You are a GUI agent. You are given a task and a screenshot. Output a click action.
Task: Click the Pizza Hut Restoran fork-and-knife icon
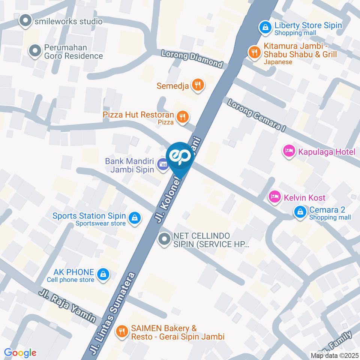(x=183, y=116)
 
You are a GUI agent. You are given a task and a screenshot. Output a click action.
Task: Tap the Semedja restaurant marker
(x=198, y=85)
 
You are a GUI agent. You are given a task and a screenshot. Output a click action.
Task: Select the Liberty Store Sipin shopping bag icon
(x=265, y=27)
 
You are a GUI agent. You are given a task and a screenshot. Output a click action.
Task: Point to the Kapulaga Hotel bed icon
(x=288, y=151)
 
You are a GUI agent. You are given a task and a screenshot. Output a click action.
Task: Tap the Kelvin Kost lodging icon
(x=275, y=196)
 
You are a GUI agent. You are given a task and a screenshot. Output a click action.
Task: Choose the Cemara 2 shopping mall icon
(x=300, y=212)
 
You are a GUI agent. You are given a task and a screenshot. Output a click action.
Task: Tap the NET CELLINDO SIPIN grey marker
(x=164, y=239)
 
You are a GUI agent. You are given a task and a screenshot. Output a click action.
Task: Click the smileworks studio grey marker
(x=25, y=21)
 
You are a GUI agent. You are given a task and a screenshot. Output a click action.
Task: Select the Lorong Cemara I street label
(x=257, y=115)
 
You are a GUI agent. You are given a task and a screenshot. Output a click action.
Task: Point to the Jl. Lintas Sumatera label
(x=112, y=314)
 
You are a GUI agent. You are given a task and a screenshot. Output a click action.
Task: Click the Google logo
(x=20, y=352)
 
